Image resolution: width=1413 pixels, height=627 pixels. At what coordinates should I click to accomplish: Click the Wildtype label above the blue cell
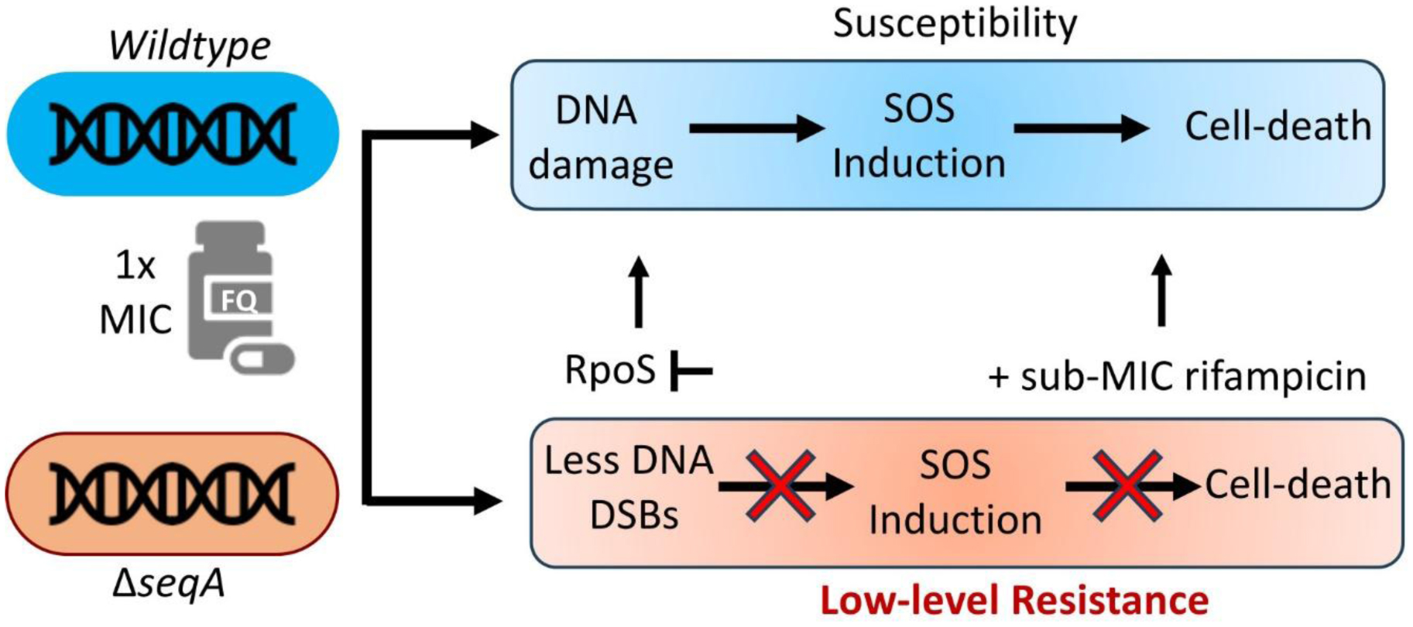[x=190, y=46]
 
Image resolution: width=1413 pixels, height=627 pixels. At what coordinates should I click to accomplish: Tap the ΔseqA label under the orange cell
[x=169, y=582]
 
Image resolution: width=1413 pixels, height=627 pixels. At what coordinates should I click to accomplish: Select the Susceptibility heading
[x=955, y=24]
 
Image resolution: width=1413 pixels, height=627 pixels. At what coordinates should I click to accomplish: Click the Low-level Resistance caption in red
[x=1014, y=601]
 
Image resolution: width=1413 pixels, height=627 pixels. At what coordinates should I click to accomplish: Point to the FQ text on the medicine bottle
[x=238, y=300]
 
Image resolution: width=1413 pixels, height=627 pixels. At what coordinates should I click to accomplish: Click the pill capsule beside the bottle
[x=262, y=358]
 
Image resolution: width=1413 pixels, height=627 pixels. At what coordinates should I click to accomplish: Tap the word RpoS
[x=610, y=370]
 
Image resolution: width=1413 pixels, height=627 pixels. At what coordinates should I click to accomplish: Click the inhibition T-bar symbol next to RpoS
[x=691, y=371]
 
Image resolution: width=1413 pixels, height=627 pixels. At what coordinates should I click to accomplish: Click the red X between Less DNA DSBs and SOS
[x=780, y=486]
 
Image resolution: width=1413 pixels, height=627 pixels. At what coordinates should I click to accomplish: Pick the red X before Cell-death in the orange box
[x=1127, y=486]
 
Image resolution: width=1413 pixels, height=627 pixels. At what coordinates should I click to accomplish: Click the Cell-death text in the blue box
[x=1278, y=126]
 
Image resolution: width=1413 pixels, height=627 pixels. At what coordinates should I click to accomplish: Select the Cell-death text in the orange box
[x=1298, y=485]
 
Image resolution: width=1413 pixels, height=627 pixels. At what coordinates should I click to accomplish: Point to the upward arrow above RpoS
[x=638, y=291]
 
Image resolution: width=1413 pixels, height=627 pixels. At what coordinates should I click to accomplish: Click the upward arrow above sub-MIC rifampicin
[x=1161, y=291]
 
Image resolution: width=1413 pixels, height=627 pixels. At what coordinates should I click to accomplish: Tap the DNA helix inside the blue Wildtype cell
[x=173, y=134]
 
